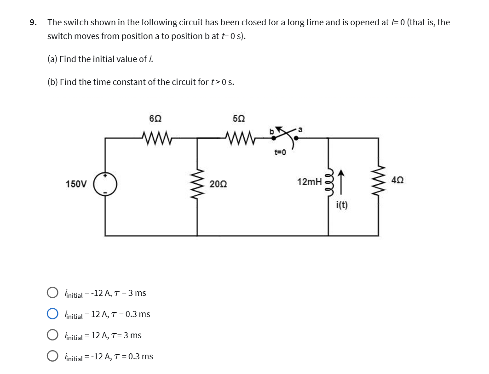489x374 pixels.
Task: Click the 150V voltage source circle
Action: click(105, 184)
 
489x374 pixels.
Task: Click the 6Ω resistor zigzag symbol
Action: click(157, 137)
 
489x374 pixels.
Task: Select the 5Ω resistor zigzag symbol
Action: click(240, 137)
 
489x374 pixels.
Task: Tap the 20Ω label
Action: click(217, 184)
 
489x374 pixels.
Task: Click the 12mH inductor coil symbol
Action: click(328, 184)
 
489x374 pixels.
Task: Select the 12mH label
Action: click(309, 182)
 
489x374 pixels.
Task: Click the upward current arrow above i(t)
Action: click(341, 182)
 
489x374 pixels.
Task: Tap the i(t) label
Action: click(342, 205)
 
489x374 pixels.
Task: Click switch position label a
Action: click(301, 130)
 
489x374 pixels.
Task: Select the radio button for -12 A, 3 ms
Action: click(52, 293)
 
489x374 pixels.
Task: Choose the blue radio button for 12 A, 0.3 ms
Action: click(52, 314)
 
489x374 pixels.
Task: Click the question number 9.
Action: click(33, 23)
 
